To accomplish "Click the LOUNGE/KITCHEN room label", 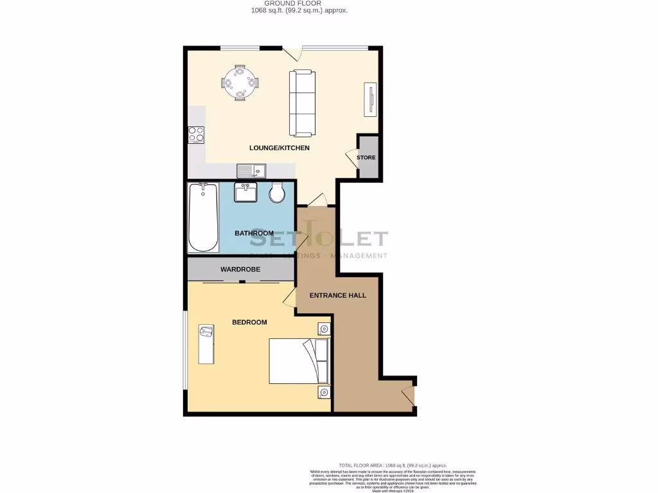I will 280,148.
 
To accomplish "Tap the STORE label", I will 366,157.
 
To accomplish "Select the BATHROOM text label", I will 254,233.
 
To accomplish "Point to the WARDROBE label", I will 240,270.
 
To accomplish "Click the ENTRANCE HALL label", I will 338,296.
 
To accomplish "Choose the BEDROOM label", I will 249,322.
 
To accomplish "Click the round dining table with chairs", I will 240,82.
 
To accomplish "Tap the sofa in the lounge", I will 302,103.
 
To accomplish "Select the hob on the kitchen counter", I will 196,135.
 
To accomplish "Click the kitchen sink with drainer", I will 251,171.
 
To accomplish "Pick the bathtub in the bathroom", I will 203,218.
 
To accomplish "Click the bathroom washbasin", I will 245,192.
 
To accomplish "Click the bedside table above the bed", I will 323,329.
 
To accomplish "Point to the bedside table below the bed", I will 323,392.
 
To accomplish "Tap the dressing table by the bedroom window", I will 206,343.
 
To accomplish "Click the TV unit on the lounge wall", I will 370,99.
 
